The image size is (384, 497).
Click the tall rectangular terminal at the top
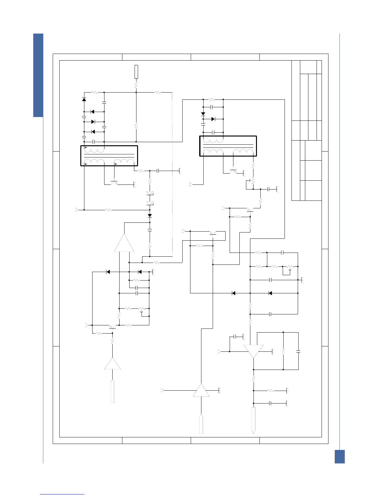click(x=136, y=72)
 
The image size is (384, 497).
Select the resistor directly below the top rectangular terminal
click(x=136, y=85)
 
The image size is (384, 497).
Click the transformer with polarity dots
click(x=109, y=156)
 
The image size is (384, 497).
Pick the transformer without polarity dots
click(x=228, y=146)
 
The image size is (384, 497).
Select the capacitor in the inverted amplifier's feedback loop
click(x=298, y=352)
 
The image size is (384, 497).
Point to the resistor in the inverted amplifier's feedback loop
click(x=283, y=352)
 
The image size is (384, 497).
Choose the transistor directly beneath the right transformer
click(x=233, y=172)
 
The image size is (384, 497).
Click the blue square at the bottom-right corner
click(x=339, y=456)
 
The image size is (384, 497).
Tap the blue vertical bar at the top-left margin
click(x=38, y=75)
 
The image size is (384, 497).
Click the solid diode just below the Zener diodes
click(x=150, y=216)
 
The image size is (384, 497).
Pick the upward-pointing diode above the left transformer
click(x=84, y=99)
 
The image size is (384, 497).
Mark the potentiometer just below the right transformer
click(x=253, y=181)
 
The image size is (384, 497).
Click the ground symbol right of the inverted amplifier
click(x=273, y=352)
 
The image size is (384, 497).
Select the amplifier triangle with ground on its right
click(x=201, y=390)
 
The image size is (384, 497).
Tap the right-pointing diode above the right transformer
click(x=213, y=119)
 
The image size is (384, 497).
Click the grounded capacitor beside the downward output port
click(x=270, y=403)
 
